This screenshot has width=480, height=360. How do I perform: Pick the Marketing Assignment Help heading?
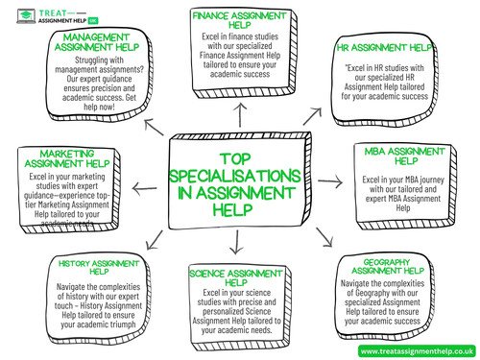pyautogui.click(x=70, y=158)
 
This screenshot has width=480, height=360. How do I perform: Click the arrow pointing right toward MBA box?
pyautogui.click(x=329, y=180)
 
